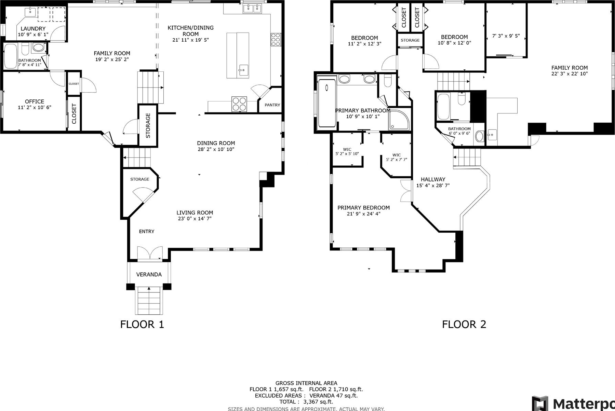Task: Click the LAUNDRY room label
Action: pos(33,29)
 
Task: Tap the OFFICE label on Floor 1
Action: pos(35,101)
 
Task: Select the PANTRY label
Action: pos(272,105)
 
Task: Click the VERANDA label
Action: pos(149,274)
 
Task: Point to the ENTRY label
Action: pos(147,231)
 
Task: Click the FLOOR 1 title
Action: pos(142,324)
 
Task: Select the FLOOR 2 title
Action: pos(464,324)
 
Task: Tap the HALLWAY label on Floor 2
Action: pos(433,179)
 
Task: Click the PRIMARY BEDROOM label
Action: pos(363,208)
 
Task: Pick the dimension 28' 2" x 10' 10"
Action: pos(216,149)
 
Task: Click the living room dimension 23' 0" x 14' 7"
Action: pos(195,219)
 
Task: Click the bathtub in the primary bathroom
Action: pos(326,103)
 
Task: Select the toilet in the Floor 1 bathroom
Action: pos(25,49)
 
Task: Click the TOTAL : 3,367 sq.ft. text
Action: pos(306,402)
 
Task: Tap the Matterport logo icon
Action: pos(540,404)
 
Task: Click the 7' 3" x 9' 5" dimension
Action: pos(506,36)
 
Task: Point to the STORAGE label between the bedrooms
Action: pos(410,40)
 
